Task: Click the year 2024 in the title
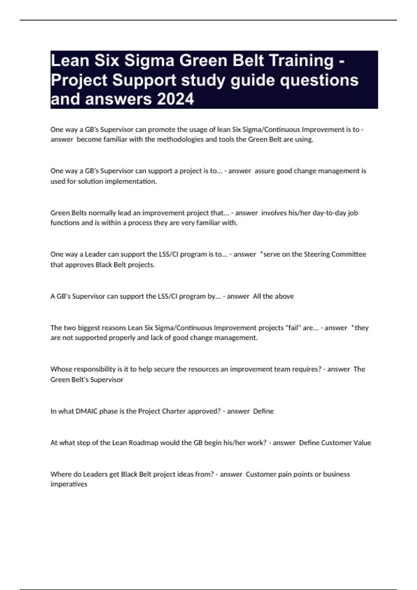[x=175, y=99]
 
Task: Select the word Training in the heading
[x=301, y=61]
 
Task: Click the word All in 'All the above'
[x=257, y=296]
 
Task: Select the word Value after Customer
[x=362, y=442]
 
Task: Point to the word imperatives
[x=68, y=484]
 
